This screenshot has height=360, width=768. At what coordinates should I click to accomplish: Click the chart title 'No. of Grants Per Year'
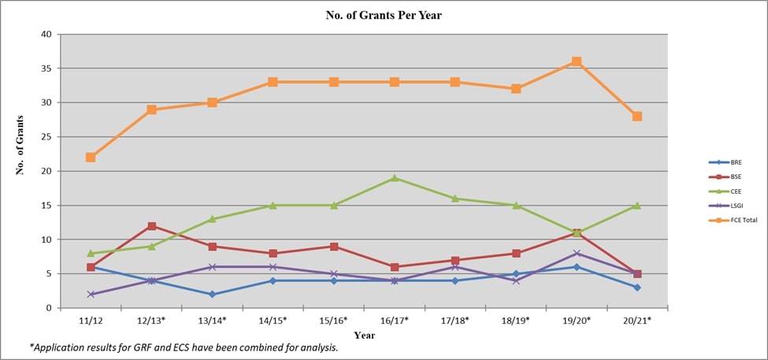click(384, 16)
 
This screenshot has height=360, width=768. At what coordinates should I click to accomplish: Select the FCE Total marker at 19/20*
click(577, 61)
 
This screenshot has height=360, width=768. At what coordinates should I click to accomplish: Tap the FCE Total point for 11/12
click(91, 158)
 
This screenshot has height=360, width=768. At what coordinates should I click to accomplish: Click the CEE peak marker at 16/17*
click(395, 178)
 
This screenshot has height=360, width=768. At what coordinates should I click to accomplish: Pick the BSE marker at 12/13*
click(151, 226)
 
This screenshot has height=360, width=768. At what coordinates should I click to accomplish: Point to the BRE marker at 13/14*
click(212, 294)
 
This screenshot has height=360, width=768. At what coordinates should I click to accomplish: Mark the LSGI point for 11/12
click(91, 294)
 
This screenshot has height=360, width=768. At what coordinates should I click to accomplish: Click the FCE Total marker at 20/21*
click(637, 116)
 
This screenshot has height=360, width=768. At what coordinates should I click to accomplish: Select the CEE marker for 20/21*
click(637, 206)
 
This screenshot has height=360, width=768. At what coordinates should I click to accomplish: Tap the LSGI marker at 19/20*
click(577, 253)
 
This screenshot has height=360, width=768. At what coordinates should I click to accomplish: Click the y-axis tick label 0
click(49, 308)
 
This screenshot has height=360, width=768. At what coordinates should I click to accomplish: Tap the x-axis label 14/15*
click(273, 321)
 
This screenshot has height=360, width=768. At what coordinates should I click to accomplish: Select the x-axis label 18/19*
click(516, 321)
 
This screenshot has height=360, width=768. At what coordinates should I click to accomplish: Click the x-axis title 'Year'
click(364, 335)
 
